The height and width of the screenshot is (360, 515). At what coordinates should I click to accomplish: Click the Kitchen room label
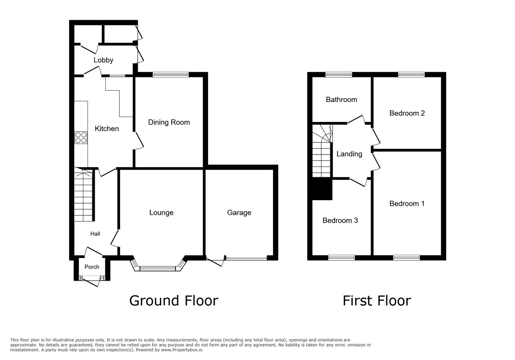point(107,129)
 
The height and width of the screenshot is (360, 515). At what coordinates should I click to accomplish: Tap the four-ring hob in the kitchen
point(81,138)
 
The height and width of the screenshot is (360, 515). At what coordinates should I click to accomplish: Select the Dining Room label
point(169,122)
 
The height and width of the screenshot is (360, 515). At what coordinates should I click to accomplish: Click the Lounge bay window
point(158,267)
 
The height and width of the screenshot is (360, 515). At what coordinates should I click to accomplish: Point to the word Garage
point(239,213)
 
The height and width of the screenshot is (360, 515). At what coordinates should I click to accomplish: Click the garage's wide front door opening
point(246,258)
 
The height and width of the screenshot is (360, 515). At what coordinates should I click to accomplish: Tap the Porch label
point(92,267)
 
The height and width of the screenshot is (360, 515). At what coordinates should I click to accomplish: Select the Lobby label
point(103,60)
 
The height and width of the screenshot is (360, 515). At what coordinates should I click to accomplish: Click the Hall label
point(95,234)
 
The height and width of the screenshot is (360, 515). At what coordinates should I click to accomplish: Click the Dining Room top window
point(171,75)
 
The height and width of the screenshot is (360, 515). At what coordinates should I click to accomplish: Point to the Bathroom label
point(341,100)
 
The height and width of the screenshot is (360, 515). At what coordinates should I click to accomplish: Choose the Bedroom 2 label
point(407,113)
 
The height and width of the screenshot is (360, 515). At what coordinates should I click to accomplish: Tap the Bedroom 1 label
point(407,204)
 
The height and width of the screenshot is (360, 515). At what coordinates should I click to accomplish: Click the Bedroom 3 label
point(340,220)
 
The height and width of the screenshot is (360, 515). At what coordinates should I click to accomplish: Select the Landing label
point(349,154)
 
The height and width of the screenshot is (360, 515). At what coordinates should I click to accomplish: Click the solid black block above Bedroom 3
point(322,189)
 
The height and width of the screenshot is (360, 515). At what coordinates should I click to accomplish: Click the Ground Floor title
point(173,301)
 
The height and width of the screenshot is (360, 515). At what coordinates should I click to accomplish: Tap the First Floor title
point(377,301)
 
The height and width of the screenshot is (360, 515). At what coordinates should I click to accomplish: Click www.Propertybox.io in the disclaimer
point(182,350)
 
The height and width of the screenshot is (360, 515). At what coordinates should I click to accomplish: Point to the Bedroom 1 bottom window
point(406,257)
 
